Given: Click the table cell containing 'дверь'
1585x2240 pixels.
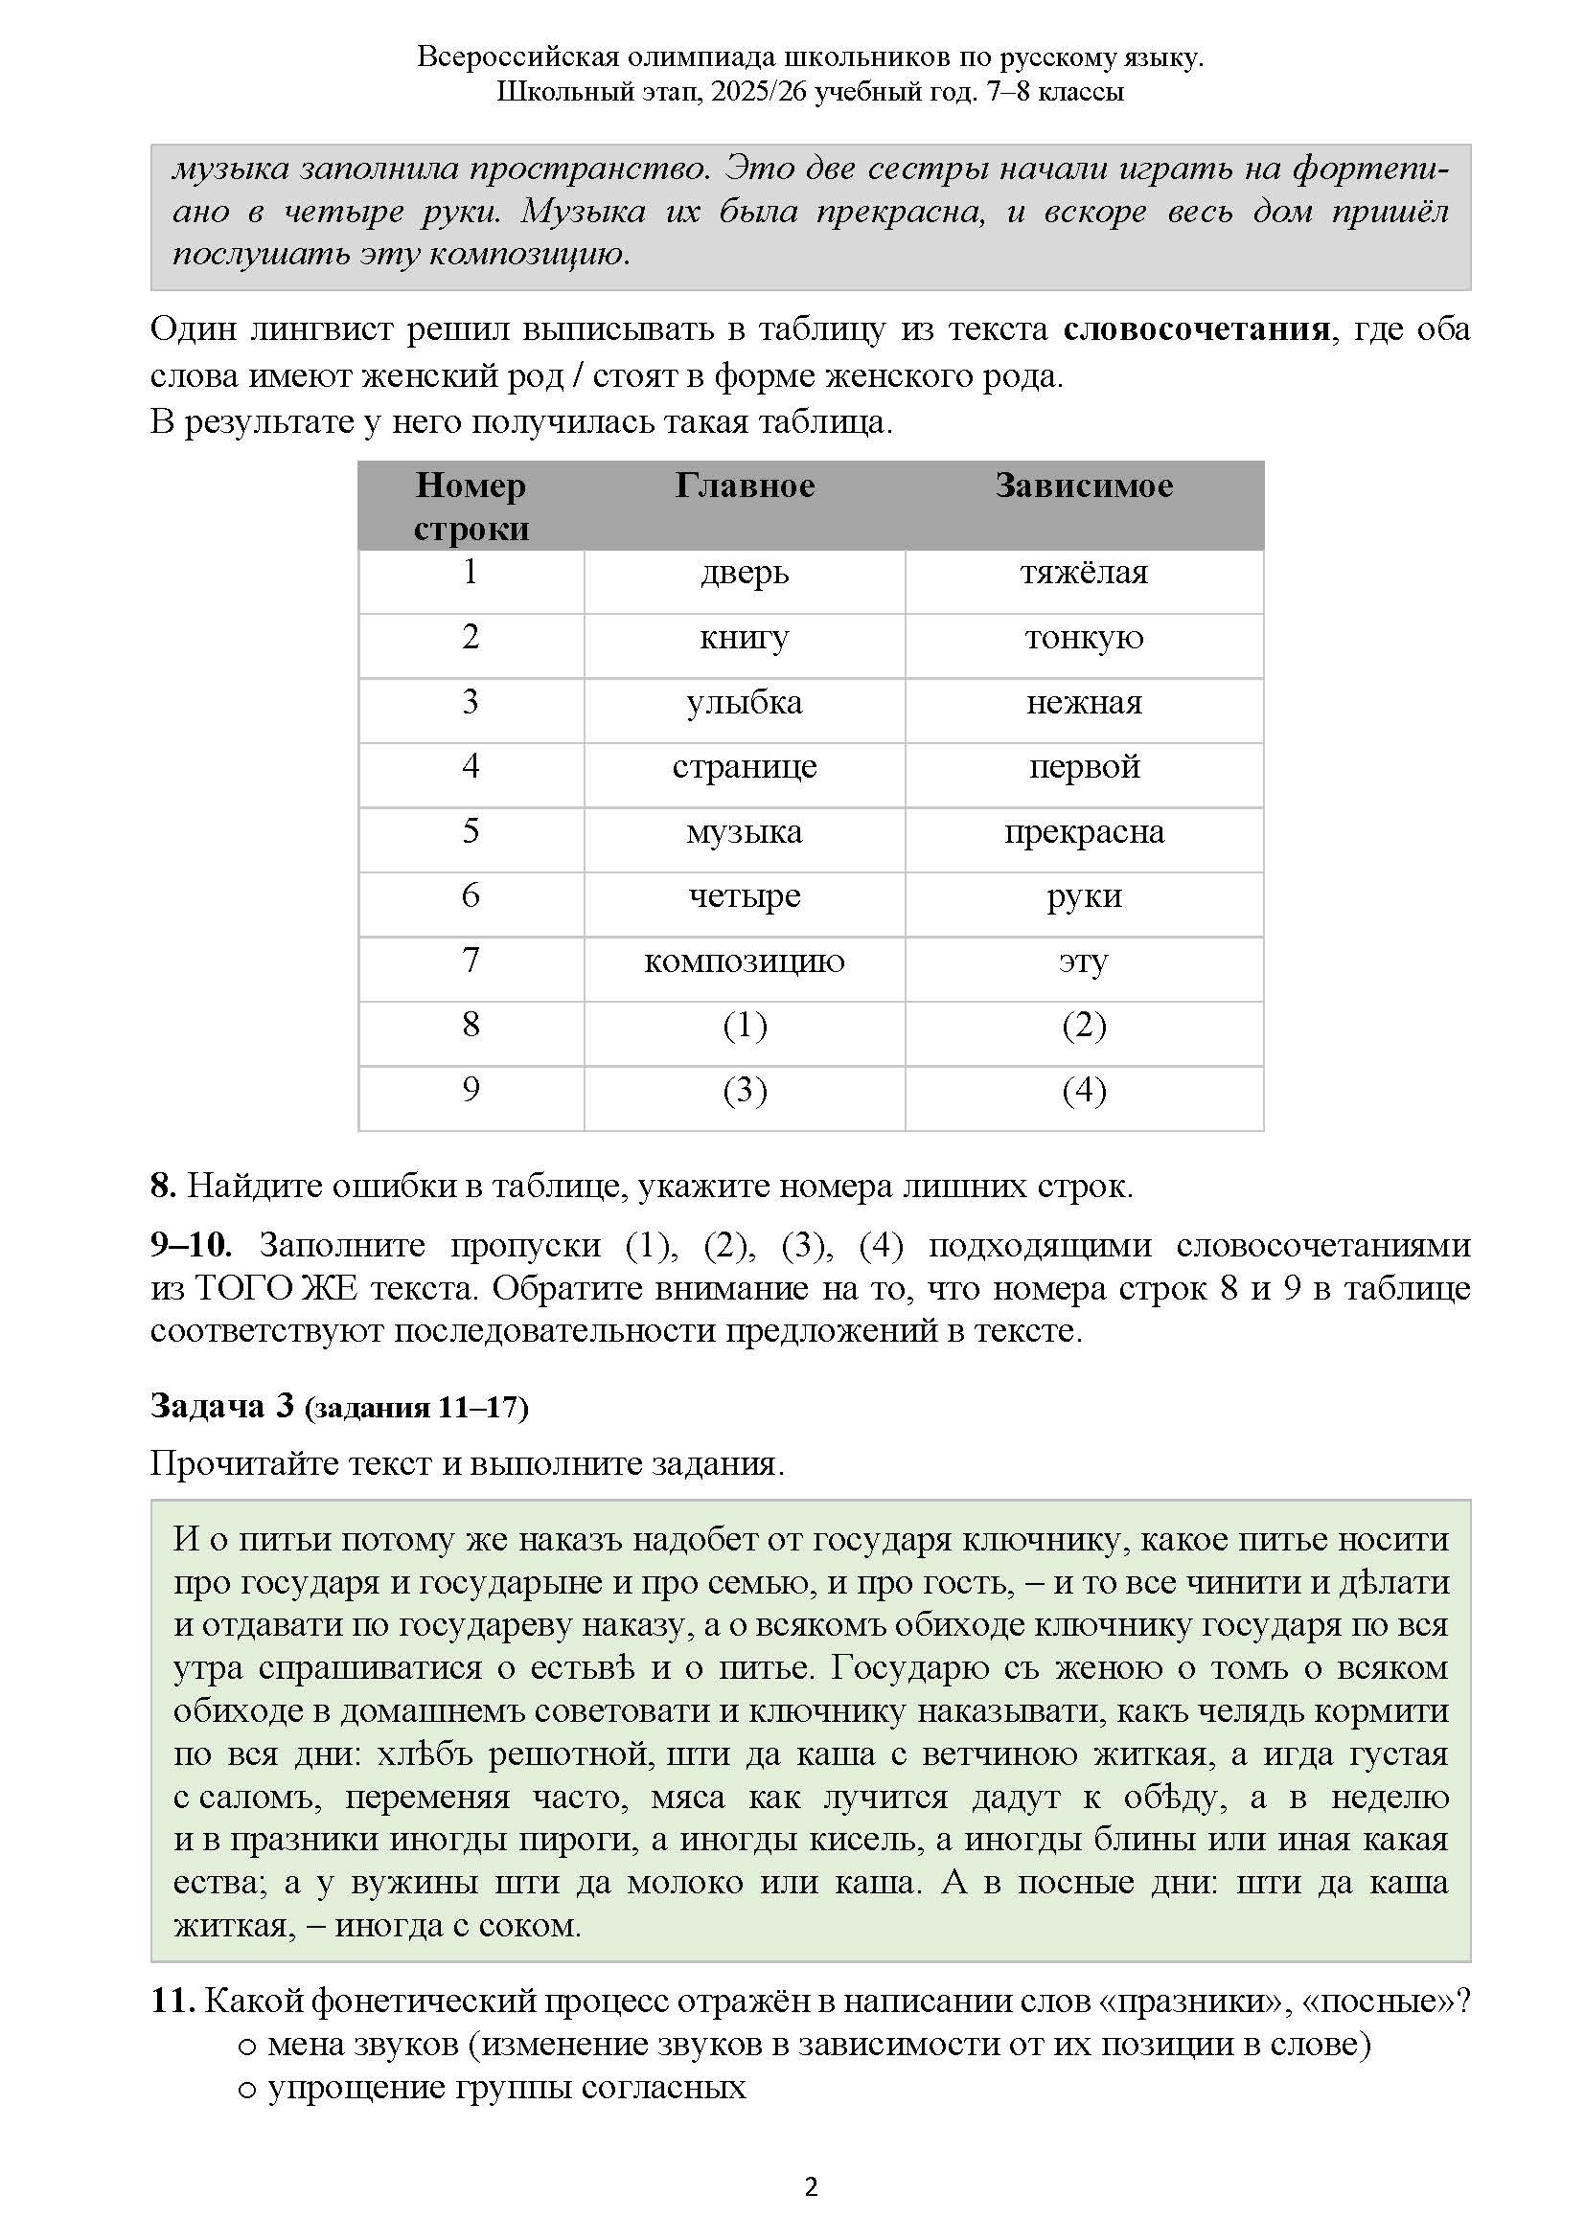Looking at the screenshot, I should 744,573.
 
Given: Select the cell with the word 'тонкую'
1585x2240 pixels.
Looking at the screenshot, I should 1084,638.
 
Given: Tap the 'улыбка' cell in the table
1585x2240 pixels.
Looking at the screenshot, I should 744,702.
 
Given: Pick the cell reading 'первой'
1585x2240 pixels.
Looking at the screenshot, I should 1084,767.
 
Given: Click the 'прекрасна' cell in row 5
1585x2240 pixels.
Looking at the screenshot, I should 1084,832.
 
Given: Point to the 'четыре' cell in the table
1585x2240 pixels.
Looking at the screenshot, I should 744,895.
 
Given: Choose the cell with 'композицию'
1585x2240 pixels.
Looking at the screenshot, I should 744,961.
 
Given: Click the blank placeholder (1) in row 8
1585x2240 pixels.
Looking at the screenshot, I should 745,1026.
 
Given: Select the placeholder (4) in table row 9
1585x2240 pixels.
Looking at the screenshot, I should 1084,1090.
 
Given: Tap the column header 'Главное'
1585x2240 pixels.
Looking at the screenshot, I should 744,486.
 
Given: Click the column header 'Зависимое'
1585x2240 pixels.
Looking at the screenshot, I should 1084,486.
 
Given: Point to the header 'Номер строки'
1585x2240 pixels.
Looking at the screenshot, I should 471,507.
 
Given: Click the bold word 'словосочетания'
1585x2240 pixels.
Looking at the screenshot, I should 1196,329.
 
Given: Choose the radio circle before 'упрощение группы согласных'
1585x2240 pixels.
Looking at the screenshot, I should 247,2089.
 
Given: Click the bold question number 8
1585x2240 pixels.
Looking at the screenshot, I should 162,1187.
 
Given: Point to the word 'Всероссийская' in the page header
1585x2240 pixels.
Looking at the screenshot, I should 517,57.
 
